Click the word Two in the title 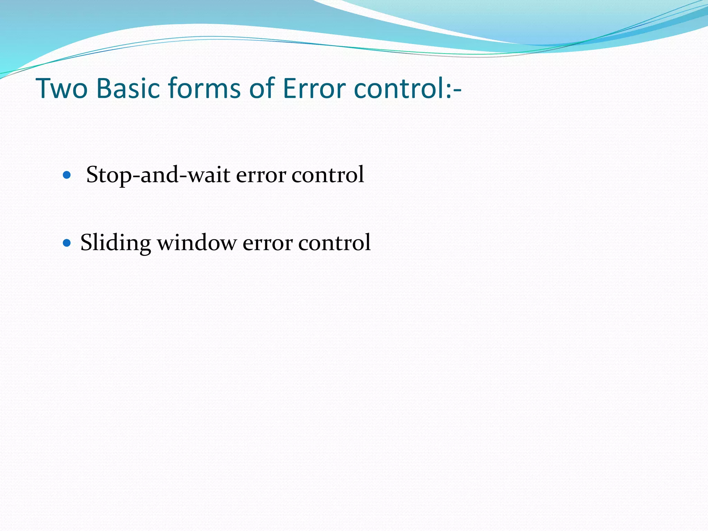[62, 88]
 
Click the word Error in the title [314, 88]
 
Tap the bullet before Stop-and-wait [67, 175]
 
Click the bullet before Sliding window [67, 243]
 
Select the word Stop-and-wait [158, 175]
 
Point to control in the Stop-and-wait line [328, 175]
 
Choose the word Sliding [115, 243]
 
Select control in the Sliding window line [334, 243]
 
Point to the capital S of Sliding [86, 242]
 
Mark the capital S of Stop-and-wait [92, 175]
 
